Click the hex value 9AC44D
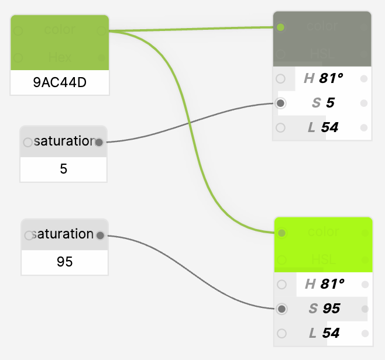coord(60,82)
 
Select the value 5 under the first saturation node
coord(64,169)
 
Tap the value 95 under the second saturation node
coord(64,261)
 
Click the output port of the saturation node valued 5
coord(98,142)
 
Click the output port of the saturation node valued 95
coord(99,236)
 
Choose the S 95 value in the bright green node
coord(324,309)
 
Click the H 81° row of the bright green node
coord(324,285)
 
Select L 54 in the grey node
coord(323,127)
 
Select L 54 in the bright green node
coord(324,334)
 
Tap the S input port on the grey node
coord(281,103)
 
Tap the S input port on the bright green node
coord(282,309)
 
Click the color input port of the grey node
coord(281,27)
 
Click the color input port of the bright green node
coord(282,233)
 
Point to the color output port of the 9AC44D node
coord(101,30)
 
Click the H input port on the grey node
coord(281,78)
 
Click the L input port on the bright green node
coord(282,334)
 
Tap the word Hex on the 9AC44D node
coord(60,57)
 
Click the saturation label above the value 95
coord(64,234)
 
